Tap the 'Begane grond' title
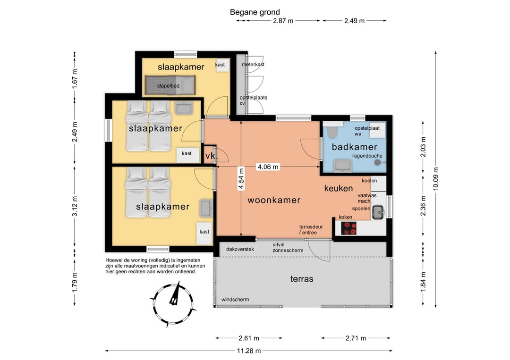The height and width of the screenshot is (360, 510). (x=255, y=12)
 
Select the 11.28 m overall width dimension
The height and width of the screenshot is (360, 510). (x=248, y=351)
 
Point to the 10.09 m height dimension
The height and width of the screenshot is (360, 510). (x=435, y=179)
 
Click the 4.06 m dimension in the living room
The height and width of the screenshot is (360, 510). (x=268, y=167)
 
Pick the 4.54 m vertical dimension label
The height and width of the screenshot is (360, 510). (x=241, y=178)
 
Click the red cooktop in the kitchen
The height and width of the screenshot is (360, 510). (x=348, y=228)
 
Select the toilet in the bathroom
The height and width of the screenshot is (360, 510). (x=332, y=131)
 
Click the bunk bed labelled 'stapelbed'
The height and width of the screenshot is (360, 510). (x=170, y=85)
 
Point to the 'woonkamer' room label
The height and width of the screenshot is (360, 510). (x=274, y=200)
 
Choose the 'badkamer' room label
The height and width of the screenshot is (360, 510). (x=354, y=147)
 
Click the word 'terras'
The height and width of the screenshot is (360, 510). (x=302, y=279)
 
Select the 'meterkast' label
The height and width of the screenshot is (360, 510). (x=253, y=64)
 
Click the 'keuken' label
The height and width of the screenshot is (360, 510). (x=339, y=188)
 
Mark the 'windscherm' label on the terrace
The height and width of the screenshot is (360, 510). (x=235, y=300)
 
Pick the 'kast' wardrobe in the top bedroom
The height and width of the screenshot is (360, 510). (x=222, y=65)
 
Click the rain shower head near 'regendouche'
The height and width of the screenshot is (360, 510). (x=377, y=162)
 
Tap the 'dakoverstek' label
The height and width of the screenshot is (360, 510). (x=240, y=249)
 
